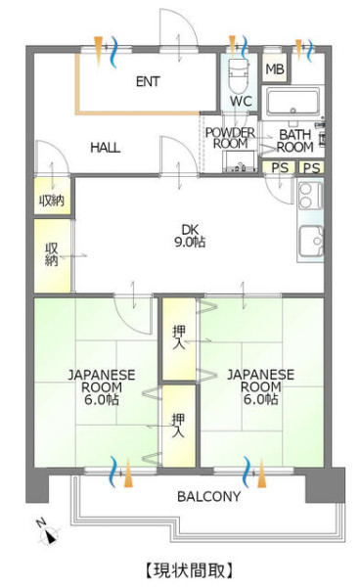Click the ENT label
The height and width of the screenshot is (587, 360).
148,81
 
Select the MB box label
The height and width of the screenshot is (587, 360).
275,68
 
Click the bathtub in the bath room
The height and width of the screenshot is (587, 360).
292,101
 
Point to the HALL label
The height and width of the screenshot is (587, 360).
105,147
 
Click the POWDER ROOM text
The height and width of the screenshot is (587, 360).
230,138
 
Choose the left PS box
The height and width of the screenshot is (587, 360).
279,167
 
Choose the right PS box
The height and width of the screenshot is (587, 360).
311,167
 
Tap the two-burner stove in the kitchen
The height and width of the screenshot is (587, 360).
311,195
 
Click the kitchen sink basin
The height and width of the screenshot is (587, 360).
311,241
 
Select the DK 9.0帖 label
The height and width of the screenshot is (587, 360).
190,236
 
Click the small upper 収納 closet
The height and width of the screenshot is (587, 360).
52,197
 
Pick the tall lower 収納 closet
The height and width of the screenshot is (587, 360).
52,255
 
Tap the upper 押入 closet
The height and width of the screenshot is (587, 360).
179,339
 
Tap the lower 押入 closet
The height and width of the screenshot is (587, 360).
179,426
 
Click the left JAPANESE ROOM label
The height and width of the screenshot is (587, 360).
102,387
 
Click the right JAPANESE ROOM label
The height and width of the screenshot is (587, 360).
261,386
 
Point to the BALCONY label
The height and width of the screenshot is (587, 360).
208,496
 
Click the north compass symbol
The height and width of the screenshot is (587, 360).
49,533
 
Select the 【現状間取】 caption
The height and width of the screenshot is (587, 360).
189,569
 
